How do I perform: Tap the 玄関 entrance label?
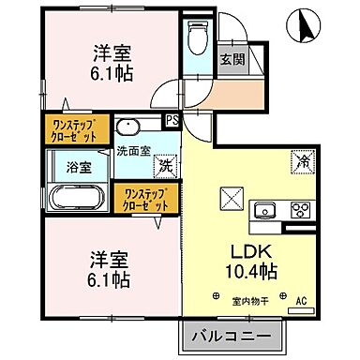pyautogui.click(x=232, y=57)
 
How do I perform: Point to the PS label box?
pyautogui.click(x=172, y=119)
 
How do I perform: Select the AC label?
pyautogui.click(x=302, y=300)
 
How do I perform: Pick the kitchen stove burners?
pyautogui.click(x=300, y=208)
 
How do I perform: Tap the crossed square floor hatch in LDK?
pyautogui.click(x=231, y=200)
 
